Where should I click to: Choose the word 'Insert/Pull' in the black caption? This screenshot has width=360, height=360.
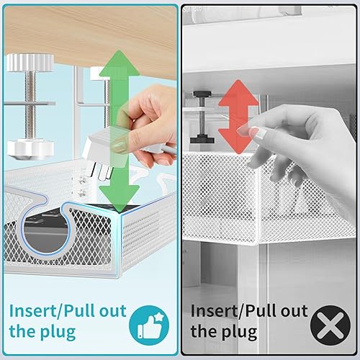point(228,311)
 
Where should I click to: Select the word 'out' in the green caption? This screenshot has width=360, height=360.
point(114,311)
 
